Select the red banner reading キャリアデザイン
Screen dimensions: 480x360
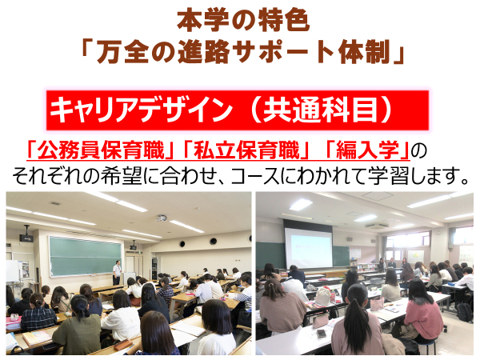238,110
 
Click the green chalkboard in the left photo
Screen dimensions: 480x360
85,256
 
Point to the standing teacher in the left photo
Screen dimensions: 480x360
117,272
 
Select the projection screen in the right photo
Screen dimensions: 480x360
308,247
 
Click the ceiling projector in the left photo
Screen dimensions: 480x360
162,218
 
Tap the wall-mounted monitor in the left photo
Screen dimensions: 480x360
26,238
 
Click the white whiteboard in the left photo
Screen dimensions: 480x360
13,270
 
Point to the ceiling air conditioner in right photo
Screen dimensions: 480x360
376,226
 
